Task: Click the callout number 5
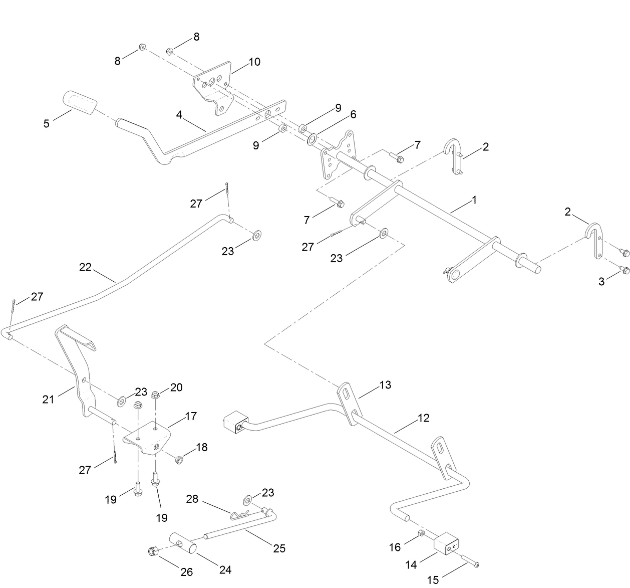point(47,123)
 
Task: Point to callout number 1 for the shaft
point(474,200)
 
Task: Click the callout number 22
point(85,267)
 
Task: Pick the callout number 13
point(385,385)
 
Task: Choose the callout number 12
point(423,418)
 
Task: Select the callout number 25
point(279,548)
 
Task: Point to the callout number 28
point(192,499)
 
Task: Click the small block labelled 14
point(446,545)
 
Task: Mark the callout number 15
point(433,580)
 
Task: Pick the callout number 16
point(395,547)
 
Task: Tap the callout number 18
point(201,447)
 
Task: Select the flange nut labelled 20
point(155,395)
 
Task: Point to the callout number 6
point(353,115)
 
